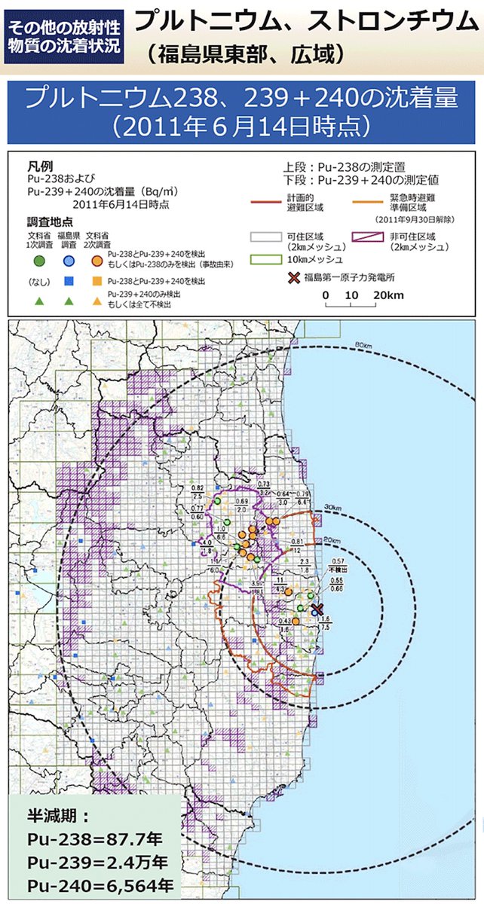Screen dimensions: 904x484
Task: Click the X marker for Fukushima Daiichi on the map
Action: click(x=317, y=609)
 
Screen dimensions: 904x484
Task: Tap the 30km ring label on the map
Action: click(x=332, y=506)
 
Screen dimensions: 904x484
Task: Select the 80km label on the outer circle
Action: click(x=364, y=345)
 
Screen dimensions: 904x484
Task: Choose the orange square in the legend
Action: click(x=97, y=281)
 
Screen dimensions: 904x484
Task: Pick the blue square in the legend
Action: click(x=69, y=281)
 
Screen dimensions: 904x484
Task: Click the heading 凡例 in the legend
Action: click(x=41, y=165)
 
